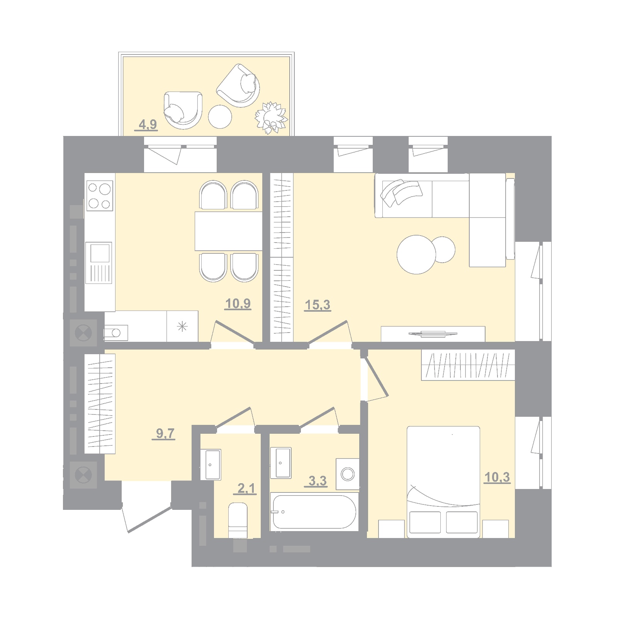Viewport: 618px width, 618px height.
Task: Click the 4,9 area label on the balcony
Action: click(148, 125)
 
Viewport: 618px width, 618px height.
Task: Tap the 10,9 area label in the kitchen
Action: click(238, 304)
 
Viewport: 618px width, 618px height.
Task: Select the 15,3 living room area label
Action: click(317, 305)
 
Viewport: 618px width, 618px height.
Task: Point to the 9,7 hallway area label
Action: click(165, 433)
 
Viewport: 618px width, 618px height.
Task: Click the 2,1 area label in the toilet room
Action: click(246, 489)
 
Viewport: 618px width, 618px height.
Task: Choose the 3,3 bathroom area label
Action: click(317, 481)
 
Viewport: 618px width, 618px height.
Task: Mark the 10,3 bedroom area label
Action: click(497, 477)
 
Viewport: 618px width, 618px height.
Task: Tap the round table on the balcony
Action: click(220, 117)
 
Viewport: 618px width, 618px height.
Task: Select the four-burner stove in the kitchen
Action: click(100, 196)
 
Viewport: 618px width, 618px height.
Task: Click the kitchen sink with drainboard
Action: click(99, 263)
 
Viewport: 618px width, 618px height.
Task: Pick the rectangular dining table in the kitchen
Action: click(229, 231)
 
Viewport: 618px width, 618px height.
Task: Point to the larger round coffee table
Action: click(416, 255)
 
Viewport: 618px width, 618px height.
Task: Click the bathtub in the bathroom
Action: click(314, 512)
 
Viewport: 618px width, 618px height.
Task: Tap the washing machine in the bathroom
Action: click(348, 474)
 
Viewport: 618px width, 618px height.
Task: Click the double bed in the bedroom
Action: click(443, 482)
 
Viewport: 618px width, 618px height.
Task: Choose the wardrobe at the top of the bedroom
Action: click(468, 365)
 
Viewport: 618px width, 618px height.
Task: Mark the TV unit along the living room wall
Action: click(433, 334)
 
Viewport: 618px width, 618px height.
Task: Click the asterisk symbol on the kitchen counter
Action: click(182, 327)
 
